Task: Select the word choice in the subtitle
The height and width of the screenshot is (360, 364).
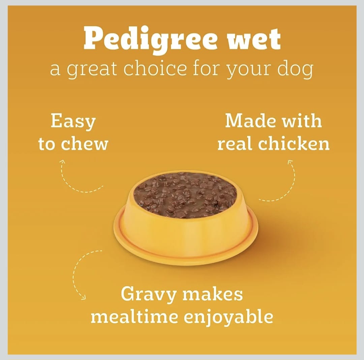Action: [x=155, y=68]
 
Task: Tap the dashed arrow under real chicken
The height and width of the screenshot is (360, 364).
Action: [x=283, y=186]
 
